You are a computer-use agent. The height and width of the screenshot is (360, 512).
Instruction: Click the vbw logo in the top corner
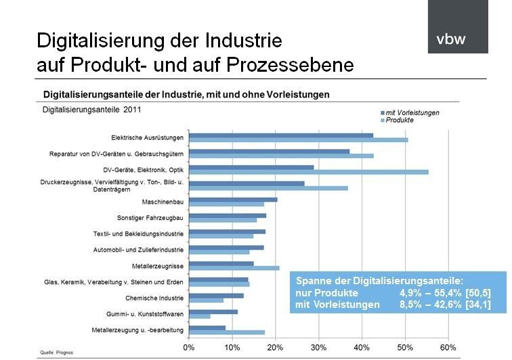(x=457, y=27)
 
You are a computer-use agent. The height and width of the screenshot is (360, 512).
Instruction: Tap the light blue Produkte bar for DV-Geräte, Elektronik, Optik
(x=308, y=172)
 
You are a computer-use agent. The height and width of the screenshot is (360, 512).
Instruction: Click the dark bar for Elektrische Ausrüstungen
(x=280, y=135)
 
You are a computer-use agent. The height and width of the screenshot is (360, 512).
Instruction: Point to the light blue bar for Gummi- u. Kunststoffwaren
(x=199, y=316)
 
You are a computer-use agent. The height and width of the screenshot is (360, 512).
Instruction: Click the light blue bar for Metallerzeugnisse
(x=234, y=268)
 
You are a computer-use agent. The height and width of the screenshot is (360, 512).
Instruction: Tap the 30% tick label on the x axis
(x=318, y=347)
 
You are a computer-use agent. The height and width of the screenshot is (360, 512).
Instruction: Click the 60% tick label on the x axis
(x=448, y=347)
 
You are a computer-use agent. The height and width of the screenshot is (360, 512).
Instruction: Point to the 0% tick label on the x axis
(x=190, y=347)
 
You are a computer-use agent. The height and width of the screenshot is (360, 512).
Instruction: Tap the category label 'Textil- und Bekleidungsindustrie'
(x=139, y=233)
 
